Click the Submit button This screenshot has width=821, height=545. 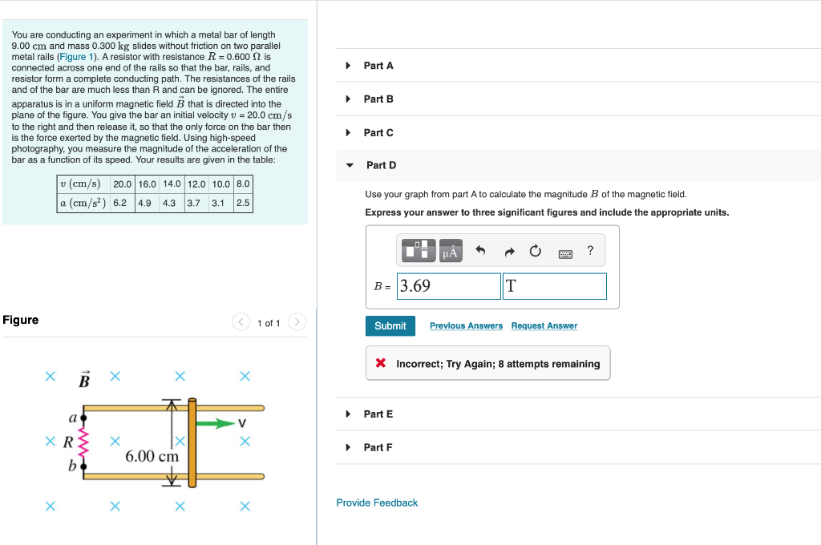click(x=390, y=326)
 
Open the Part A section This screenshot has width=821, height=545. click(x=378, y=66)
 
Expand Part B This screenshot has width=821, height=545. click(x=378, y=99)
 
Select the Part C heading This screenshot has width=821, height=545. click(x=378, y=133)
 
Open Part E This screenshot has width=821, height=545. click(x=378, y=414)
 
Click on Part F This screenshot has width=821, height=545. click(x=378, y=447)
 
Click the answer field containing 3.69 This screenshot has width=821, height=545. click(x=449, y=286)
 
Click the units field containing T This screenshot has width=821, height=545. click(x=554, y=286)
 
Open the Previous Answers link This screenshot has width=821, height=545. click(x=466, y=326)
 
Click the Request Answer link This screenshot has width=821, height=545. click(x=544, y=326)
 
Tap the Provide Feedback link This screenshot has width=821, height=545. click(x=377, y=503)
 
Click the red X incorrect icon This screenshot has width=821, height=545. click(x=382, y=364)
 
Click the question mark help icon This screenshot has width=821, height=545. click(x=590, y=252)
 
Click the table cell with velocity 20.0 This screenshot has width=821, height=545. click(x=122, y=184)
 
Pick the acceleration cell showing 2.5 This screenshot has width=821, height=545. click(x=243, y=203)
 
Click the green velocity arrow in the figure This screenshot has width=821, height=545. click(x=216, y=423)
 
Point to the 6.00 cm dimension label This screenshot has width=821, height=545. click(x=152, y=456)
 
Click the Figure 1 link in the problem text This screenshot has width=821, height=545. click(x=77, y=57)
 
